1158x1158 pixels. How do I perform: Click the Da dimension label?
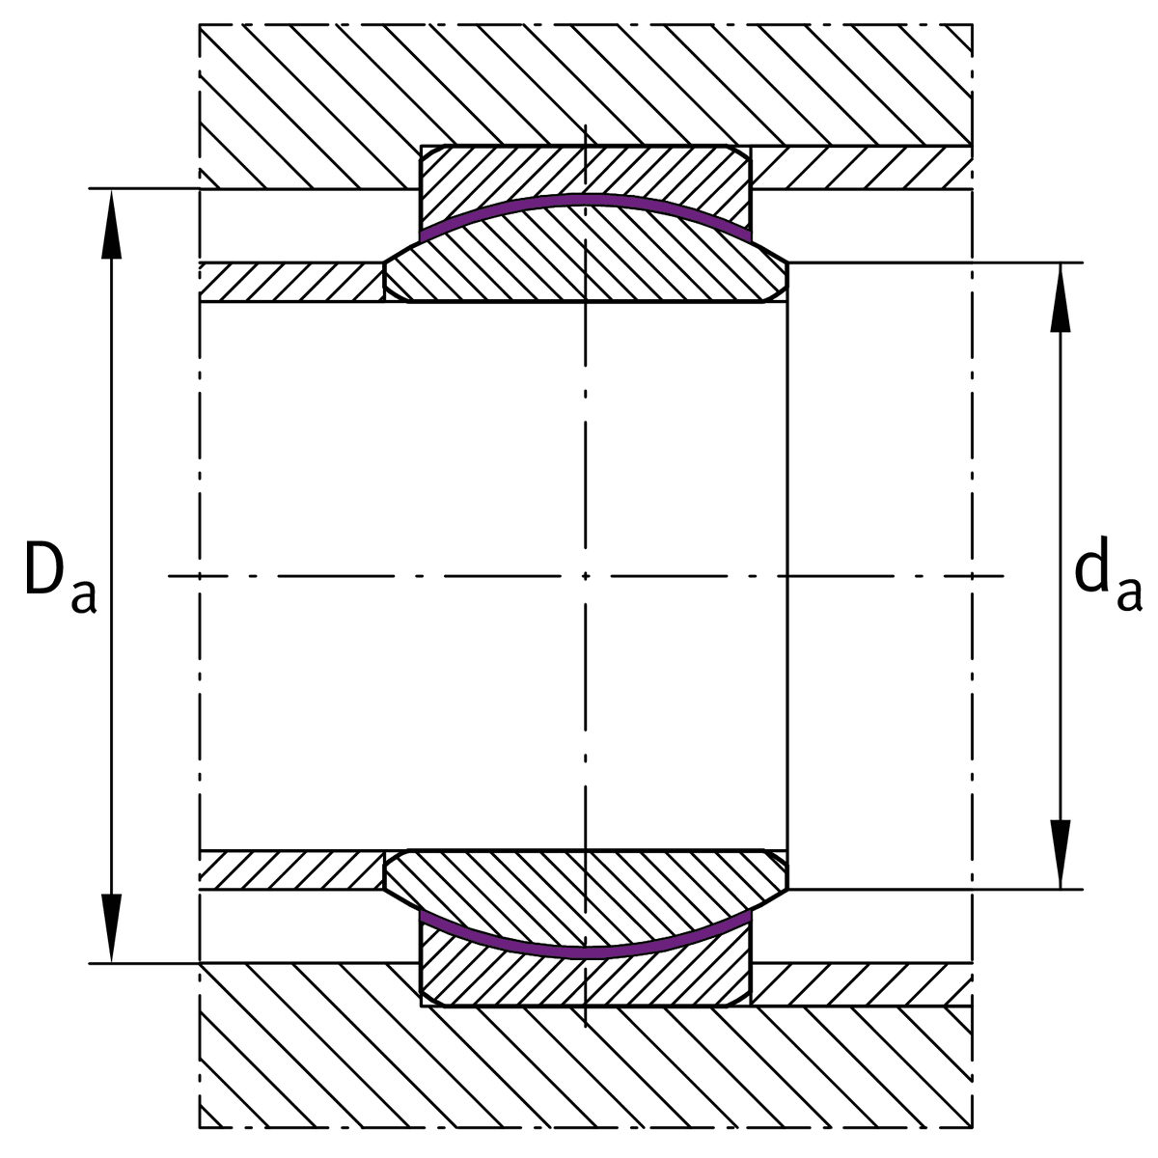[60, 576]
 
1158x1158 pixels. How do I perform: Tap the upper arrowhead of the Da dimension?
[111, 224]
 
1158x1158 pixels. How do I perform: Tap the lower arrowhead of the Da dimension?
[111, 928]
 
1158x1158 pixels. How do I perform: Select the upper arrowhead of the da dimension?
[1060, 297]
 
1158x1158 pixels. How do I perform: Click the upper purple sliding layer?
[586, 200]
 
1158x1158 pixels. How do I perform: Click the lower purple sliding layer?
[586, 952]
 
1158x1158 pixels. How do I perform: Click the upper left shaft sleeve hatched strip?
[291, 283]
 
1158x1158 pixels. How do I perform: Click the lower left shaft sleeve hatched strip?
[291, 869]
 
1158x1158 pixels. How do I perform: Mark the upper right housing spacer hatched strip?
[862, 168]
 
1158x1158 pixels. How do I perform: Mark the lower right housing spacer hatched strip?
[862, 984]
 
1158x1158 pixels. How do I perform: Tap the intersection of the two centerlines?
[586, 576]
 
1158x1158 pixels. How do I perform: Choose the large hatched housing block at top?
[586, 84]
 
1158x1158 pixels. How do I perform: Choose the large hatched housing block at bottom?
[586, 1069]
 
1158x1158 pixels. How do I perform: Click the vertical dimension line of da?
[1060, 576]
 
